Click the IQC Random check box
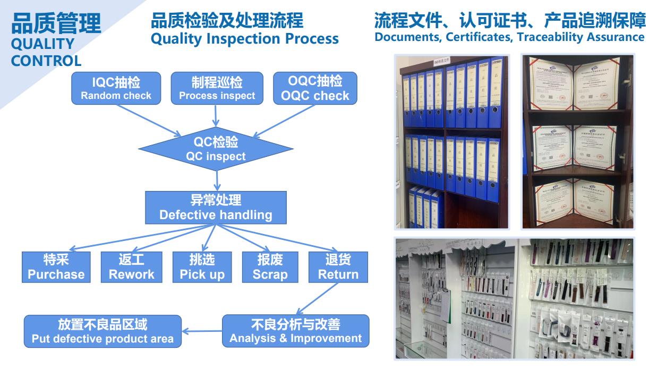[x=116, y=88]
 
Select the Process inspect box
[x=217, y=88]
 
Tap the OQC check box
[x=314, y=88]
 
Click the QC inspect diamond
[x=215, y=149]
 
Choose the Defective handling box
[x=216, y=207]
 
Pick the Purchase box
[x=56, y=267]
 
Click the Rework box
[x=131, y=267]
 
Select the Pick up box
[x=202, y=267]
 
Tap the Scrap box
[x=270, y=267]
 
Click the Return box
[x=338, y=267]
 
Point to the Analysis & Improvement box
[x=295, y=331]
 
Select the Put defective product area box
[x=103, y=331]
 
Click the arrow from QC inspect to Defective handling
[x=216, y=179]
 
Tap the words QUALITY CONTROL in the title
[x=46, y=52]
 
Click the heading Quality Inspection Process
[x=245, y=38]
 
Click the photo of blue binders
[x=452, y=141]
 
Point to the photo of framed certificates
[x=577, y=141]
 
